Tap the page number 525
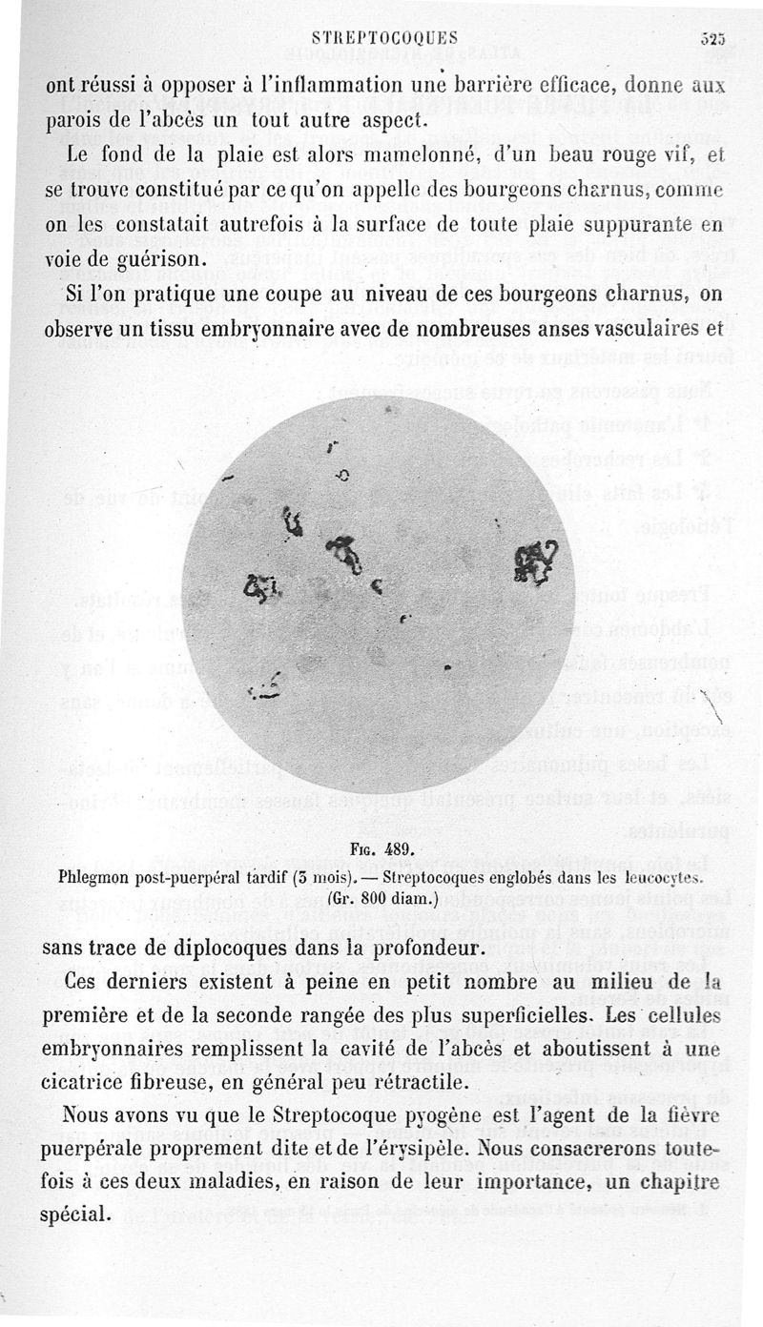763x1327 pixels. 713,39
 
